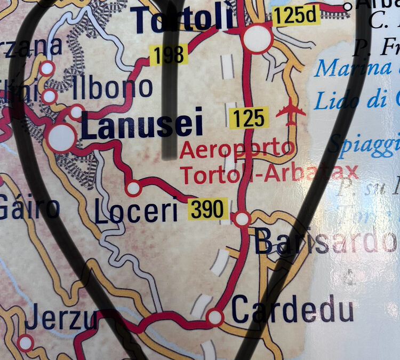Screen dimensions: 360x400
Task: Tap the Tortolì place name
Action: pyautogui.click(x=184, y=20)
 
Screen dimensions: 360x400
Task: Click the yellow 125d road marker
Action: pyautogui.click(x=297, y=17)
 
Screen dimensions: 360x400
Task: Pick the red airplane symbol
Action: pyautogui.click(x=291, y=111)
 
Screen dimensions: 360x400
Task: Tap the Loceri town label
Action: pyautogui.click(x=136, y=212)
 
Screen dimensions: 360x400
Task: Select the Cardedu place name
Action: pyautogui.click(x=293, y=310)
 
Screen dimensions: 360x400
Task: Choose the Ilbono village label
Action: pyautogui.click(x=113, y=87)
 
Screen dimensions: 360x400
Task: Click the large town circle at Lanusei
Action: pyautogui.click(x=61, y=138)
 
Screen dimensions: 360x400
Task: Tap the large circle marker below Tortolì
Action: pyautogui.click(x=258, y=38)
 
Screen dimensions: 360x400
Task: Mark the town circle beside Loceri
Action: pyautogui.click(x=133, y=188)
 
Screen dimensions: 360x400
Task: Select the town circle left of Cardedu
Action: pyautogui.click(x=215, y=317)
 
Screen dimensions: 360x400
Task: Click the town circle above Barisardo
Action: pyautogui.click(x=242, y=219)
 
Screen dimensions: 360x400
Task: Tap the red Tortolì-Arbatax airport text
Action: pyautogui.click(x=269, y=173)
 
